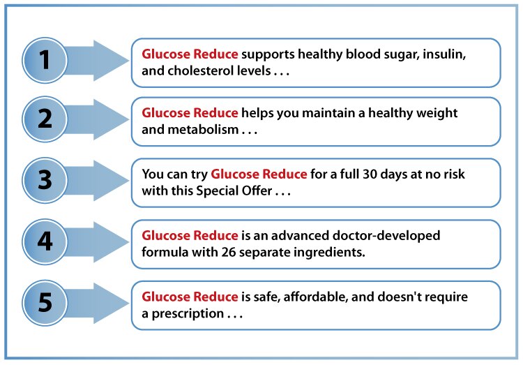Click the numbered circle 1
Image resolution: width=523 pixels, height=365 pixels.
(x=45, y=61)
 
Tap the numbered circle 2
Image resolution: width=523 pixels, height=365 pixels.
(x=45, y=119)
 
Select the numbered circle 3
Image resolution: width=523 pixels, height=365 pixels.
(x=45, y=180)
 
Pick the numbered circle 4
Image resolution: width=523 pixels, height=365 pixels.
(x=45, y=241)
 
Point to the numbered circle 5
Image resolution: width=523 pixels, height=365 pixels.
(x=45, y=303)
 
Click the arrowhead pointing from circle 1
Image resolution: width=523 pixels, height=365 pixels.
(x=111, y=61)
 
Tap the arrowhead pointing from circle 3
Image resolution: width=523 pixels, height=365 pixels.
(x=111, y=180)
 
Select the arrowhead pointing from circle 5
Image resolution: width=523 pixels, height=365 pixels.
(x=111, y=303)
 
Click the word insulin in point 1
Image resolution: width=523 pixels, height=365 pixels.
(x=444, y=54)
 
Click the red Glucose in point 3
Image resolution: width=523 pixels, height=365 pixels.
(x=235, y=174)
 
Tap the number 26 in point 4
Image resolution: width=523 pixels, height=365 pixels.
(x=229, y=252)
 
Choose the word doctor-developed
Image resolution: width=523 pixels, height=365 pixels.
(x=386, y=236)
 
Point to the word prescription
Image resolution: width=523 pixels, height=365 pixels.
(x=188, y=314)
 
